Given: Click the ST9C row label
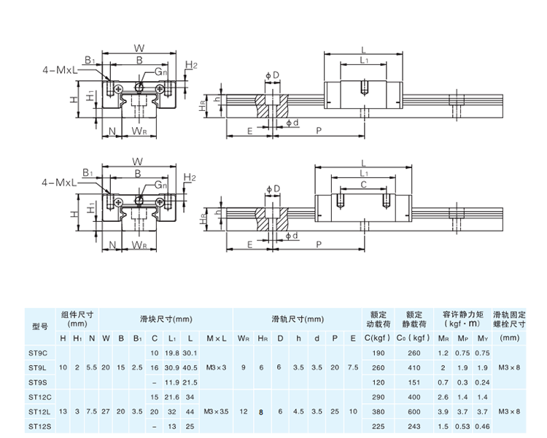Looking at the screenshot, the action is [x=38, y=353].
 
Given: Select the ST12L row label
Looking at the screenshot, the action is [x=39, y=412].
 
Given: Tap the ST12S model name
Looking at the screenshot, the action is [x=40, y=426].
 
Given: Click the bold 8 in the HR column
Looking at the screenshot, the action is [x=261, y=412].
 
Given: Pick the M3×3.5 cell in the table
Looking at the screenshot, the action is [x=216, y=412].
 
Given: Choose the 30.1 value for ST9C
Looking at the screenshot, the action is [x=190, y=353].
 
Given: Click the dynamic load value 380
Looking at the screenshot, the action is [x=378, y=412].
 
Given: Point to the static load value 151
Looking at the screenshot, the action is [x=414, y=383].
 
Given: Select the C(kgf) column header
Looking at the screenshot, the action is [x=377, y=338].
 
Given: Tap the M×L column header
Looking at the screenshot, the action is [x=217, y=338].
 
